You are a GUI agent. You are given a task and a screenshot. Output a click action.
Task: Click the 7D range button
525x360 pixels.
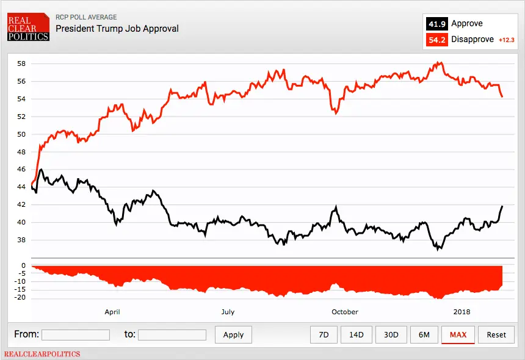[324, 334]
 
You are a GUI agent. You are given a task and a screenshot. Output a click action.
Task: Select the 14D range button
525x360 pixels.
[357, 334]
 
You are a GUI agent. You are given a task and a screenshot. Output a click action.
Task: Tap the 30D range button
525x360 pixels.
[391, 334]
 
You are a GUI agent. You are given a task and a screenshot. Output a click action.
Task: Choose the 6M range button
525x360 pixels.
[424, 334]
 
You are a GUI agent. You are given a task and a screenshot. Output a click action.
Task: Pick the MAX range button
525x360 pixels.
[458, 334]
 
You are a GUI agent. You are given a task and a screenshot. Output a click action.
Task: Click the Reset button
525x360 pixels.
[496, 334]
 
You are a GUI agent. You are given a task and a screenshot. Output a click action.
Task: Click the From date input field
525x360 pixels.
[76, 334]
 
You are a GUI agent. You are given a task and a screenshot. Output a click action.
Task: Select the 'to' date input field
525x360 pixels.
[172, 334]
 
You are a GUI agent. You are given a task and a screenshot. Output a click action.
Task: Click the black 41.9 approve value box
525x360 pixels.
[436, 24]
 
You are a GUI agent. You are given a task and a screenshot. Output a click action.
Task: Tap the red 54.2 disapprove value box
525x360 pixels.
[436, 40]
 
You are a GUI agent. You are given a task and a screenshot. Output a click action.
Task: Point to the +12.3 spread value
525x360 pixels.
[507, 40]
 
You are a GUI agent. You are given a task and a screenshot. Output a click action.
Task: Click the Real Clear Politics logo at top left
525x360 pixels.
[28, 29]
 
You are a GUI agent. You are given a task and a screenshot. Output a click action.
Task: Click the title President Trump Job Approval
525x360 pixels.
[117, 29]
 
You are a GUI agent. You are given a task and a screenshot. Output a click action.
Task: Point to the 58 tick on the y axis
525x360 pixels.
[21, 63]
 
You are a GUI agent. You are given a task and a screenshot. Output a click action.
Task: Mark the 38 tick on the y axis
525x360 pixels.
[21, 240]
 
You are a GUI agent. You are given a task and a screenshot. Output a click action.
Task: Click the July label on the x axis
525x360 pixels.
[228, 312]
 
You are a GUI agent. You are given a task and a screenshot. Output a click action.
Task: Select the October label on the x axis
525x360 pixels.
[345, 312]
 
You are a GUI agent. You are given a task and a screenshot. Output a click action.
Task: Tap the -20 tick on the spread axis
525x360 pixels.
[20, 298]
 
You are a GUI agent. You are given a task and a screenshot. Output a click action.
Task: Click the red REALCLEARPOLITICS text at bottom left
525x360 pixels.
[42, 354]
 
